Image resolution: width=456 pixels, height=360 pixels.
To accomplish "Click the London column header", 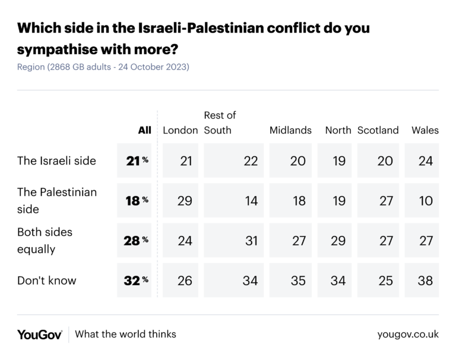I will pyautogui.click(x=180, y=130).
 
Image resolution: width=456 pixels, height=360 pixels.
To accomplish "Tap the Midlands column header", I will pyautogui.click(x=290, y=130).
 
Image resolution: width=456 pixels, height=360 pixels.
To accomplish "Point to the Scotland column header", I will pyautogui.click(x=378, y=130).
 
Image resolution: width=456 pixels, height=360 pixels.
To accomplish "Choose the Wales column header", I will pyautogui.click(x=425, y=130).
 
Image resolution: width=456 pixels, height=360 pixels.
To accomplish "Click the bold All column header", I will pyautogui.click(x=144, y=130).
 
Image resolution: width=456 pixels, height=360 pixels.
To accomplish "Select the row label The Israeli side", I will pyautogui.click(x=57, y=160).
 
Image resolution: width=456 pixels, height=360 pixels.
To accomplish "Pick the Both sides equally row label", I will pyautogui.click(x=45, y=240).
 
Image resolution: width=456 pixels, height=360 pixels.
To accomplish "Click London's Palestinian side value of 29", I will pyautogui.click(x=185, y=200).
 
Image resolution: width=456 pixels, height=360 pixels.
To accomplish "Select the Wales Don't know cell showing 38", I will pyautogui.click(x=425, y=280).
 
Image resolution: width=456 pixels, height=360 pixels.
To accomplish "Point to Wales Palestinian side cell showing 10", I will pyautogui.click(x=425, y=200).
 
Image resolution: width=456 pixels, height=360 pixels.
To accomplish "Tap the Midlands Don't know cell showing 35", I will pyautogui.click(x=298, y=280).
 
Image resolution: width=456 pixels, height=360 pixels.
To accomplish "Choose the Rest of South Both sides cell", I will pyautogui.click(x=250, y=240).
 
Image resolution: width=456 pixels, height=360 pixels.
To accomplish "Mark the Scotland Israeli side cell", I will pyautogui.click(x=386, y=160).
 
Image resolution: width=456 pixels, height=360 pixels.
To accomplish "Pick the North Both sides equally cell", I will pyautogui.click(x=338, y=240).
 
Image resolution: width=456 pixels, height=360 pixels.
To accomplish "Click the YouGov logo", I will pyautogui.click(x=40, y=334).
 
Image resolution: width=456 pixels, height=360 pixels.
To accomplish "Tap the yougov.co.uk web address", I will pyautogui.click(x=408, y=334).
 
